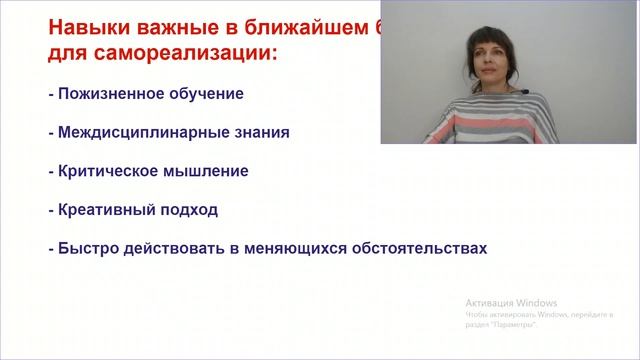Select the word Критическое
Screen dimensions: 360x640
[x=108, y=171]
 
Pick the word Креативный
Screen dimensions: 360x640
[x=104, y=210]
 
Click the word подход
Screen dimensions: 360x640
[x=186, y=210]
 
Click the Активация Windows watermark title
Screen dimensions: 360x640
[x=511, y=303]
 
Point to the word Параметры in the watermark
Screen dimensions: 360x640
[x=514, y=326]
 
